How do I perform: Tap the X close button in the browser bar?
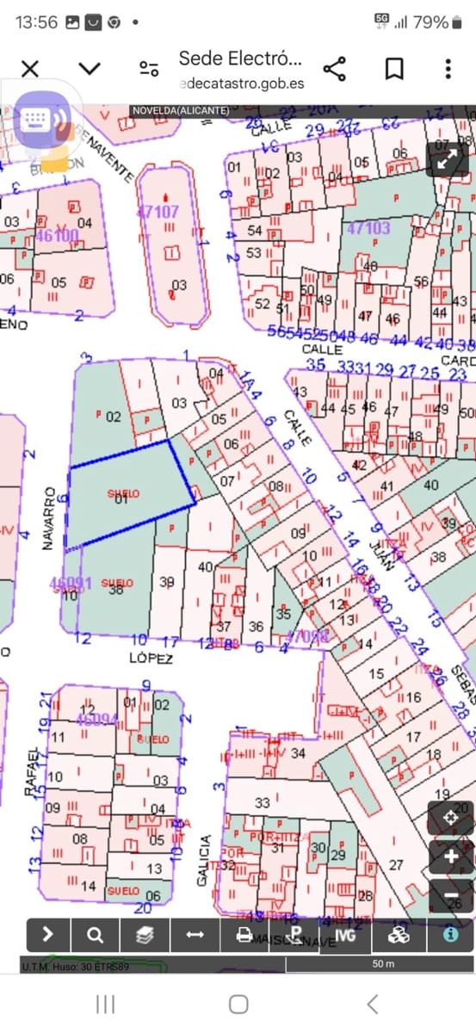point(29,69)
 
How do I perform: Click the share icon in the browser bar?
point(334,69)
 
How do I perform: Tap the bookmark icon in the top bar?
point(394,69)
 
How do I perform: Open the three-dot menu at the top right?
point(448,69)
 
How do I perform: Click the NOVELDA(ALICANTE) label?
point(180,111)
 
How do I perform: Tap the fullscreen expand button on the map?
point(447,159)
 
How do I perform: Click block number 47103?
point(368,228)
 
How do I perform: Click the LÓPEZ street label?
point(151,659)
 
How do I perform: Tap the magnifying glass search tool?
point(96,934)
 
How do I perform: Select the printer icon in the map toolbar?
point(244,934)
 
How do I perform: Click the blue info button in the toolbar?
point(449,934)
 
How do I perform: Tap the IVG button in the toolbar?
point(346,934)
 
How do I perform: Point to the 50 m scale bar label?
point(383,964)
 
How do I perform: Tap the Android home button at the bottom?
point(238,1004)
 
